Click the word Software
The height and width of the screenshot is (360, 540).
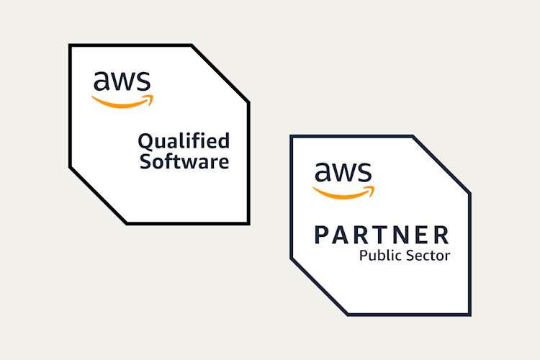[184, 161]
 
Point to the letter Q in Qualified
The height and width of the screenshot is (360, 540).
[145, 140]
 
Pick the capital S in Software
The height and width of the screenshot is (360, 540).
[145, 161]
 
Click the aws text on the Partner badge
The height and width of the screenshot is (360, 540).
[343, 173]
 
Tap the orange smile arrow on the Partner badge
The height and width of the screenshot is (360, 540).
[344, 192]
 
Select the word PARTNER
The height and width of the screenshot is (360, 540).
[382, 235]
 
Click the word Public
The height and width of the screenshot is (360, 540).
[377, 256]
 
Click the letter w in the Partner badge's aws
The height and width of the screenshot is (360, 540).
[344, 174]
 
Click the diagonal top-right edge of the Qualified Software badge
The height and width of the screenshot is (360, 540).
[220, 73]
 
